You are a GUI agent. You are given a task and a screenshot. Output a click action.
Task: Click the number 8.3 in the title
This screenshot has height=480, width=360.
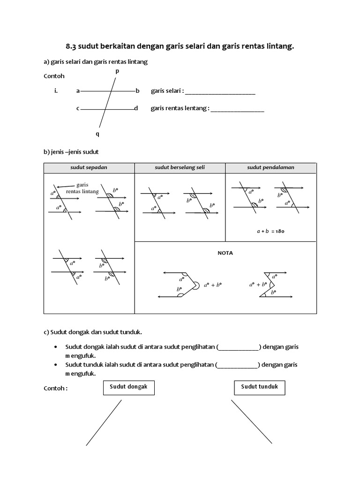click(72, 46)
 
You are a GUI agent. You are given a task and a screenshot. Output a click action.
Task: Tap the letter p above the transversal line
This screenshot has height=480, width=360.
click(117, 71)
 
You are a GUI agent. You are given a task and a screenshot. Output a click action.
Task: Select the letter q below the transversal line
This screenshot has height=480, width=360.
click(97, 134)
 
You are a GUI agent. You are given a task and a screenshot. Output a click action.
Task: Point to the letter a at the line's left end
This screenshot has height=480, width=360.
click(78, 91)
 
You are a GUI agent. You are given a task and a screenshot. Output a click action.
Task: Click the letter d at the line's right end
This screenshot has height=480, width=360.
click(136, 108)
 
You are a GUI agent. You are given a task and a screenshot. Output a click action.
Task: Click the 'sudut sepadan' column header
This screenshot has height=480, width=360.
click(89, 167)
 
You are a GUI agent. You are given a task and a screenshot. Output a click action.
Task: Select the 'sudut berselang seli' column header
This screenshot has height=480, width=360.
click(180, 167)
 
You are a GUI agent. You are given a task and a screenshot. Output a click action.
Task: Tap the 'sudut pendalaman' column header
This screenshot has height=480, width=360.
click(271, 167)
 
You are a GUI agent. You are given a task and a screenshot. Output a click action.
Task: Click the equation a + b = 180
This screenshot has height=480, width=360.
click(271, 231)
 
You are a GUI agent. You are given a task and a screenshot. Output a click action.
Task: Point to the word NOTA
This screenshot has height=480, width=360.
click(225, 253)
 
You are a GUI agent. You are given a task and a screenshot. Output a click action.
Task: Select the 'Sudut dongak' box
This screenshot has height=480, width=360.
click(128, 387)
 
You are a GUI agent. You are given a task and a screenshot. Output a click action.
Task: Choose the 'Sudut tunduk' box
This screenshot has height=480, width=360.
click(260, 387)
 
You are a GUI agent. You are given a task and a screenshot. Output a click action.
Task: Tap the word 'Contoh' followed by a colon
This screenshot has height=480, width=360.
click(56, 388)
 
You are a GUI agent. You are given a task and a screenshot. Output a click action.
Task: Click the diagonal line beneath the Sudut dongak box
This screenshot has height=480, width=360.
click(104, 422)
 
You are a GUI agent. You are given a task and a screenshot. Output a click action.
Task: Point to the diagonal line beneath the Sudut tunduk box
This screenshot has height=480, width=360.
click(251, 421)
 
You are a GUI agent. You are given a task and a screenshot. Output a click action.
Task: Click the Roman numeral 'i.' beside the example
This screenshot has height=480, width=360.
click(56, 91)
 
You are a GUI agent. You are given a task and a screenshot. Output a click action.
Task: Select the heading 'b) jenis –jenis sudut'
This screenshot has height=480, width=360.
click(71, 152)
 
